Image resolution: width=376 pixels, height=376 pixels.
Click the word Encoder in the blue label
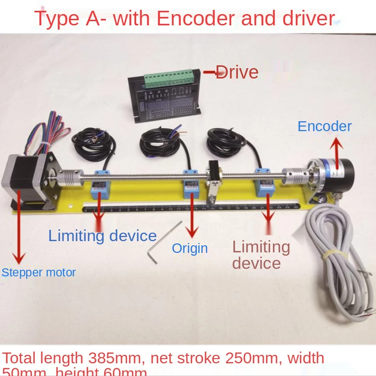pos(325,126)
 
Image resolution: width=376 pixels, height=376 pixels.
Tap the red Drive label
pos(237,72)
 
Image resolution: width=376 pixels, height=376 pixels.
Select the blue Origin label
pos(190,248)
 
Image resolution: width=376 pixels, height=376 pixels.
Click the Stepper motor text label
pos(39,273)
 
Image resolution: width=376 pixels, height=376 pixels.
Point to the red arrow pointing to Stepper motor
pos(19,226)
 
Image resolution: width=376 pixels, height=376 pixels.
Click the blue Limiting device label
pos(103,235)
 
